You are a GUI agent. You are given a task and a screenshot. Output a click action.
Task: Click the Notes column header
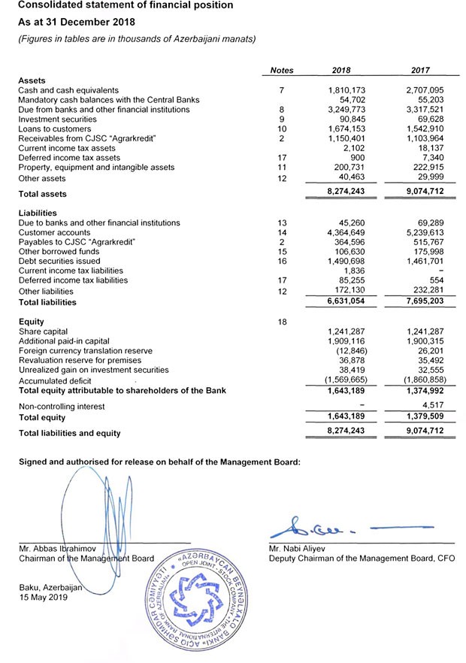coord(281,71)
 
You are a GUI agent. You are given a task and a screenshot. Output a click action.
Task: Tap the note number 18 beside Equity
coord(281,322)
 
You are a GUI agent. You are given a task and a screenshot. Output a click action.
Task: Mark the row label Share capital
coord(43,331)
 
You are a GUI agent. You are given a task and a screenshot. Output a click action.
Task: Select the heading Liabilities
coord(38,213)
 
